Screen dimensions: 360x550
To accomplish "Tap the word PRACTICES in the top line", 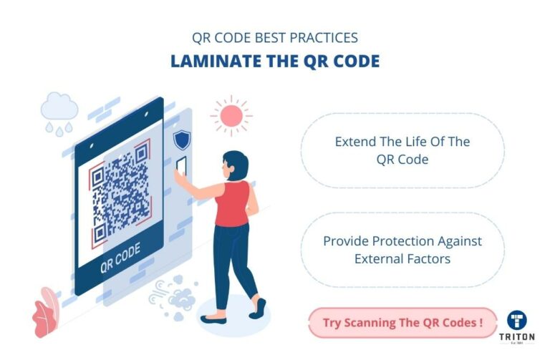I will click(320, 37).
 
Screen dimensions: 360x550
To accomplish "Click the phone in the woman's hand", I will click(182, 164).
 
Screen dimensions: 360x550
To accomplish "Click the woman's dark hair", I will click(236, 165).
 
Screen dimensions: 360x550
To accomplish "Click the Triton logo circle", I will click(518, 322).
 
